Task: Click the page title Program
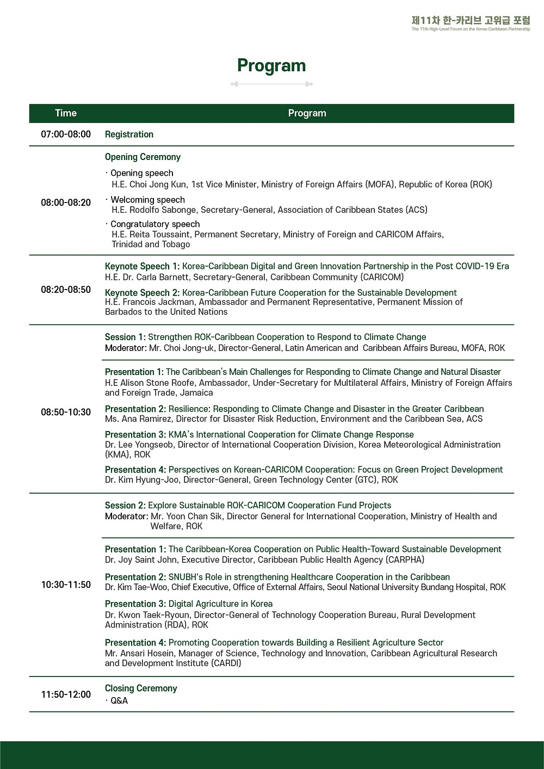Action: [x=271, y=66]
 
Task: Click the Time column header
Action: [x=66, y=113]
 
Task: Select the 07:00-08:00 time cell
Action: [x=66, y=134]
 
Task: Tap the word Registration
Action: [x=129, y=134]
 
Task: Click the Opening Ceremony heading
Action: [x=143, y=157]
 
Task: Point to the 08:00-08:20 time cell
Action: [x=66, y=202]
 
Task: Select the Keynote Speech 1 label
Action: [x=142, y=266]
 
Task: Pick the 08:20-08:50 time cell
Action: [x=66, y=290]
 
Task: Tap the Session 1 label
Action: [x=125, y=337]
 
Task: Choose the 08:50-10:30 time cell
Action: [x=66, y=412]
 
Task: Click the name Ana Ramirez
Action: [x=139, y=419]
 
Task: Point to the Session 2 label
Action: [x=125, y=506]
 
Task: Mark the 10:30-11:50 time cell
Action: [x=66, y=585]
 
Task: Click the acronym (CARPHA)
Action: [x=405, y=560]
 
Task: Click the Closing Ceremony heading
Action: [x=141, y=688]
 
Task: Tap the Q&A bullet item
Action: [x=119, y=701]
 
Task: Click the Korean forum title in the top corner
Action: [x=471, y=21]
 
